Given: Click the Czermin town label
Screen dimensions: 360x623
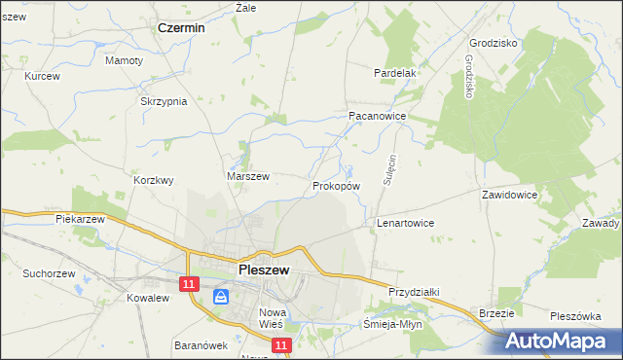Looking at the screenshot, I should click(x=181, y=28).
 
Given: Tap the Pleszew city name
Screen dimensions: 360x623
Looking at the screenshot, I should click(x=262, y=270).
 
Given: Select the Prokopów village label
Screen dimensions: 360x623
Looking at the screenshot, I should click(x=337, y=185).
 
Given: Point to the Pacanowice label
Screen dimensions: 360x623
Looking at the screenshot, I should click(x=377, y=115).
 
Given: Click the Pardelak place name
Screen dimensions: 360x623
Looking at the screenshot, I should click(x=396, y=73).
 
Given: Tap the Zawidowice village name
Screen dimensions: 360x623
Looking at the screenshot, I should click(x=509, y=195).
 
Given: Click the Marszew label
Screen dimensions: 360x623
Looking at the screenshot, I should click(x=247, y=176).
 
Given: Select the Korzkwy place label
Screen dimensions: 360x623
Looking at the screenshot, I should click(x=154, y=180).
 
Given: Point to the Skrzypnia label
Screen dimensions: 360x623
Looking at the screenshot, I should click(x=164, y=101).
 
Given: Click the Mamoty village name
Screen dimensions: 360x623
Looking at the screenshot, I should click(x=124, y=60).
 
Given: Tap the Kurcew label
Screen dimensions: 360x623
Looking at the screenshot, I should click(x=43, y=76).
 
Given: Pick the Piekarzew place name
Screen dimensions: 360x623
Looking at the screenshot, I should click(x=80, y=220).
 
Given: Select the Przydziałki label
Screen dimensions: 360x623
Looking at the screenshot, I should click(x=416, y=292).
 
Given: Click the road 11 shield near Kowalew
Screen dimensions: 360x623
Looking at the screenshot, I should click(x=190, y=283).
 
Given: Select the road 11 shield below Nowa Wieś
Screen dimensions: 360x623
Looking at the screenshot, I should click(x=281, y=345).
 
